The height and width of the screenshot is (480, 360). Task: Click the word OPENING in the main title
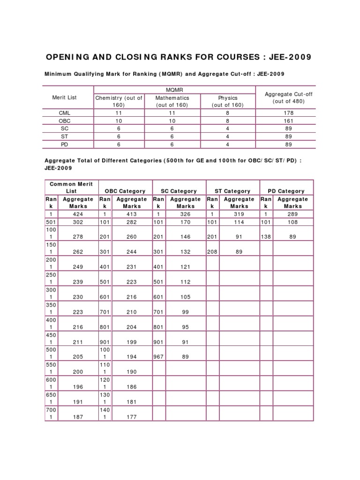coord(70,57)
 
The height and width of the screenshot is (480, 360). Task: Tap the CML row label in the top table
coord(64,112)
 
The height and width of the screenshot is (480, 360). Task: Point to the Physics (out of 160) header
coord(228,101)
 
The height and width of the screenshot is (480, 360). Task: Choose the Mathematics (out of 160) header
coord(172,101)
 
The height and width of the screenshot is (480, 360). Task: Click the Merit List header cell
coord(64,97)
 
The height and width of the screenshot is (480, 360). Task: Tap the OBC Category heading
coord(125,191)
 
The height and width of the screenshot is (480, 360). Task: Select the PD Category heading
coord(286,191)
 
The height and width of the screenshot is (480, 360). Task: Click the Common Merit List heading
coord(71,187)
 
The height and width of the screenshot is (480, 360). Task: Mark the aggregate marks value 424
coord(78,214)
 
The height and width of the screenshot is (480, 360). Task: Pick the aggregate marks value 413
coord(132,214)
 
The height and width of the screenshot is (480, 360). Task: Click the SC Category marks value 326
coord(186,214)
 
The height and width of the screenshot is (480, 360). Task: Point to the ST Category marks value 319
coord(239,214)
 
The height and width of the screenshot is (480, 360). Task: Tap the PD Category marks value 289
coord(292,214)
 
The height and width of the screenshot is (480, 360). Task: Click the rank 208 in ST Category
coord(212,252)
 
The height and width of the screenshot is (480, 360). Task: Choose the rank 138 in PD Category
coord(266,237)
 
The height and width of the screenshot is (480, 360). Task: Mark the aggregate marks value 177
coord(132,417)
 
